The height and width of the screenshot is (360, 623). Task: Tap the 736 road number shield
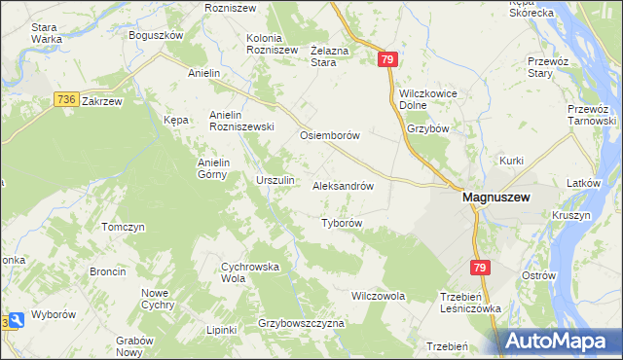pyautogui.click(x=66, y=99)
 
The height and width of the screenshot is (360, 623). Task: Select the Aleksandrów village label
pyautogui.click(x=344, y=185)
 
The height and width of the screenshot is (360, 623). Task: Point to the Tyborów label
pyautogui.click(x=342, y=223)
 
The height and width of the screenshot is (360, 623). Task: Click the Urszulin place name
pyautogui.click(x=275, y=180)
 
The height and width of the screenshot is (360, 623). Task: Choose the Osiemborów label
pyautogui.click(x=330, y=135)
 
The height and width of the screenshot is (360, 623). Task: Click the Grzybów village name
pyautogui.click(x=428, y=127)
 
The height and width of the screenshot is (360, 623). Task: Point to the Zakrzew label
pyautogui.click(x=102, y=100)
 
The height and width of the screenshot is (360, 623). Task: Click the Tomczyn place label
pyautogui.click(x=123, y=227)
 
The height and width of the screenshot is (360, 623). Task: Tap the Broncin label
pyautogui.click(x=107, y=271)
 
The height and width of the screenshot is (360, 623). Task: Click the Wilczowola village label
pyautogui.click(x=378, y=295)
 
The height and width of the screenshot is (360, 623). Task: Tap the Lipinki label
pyautogui.click(x=221, y=330)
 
